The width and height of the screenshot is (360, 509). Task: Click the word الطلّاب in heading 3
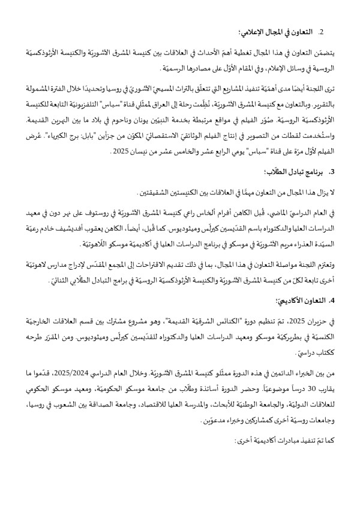pos(282,171)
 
